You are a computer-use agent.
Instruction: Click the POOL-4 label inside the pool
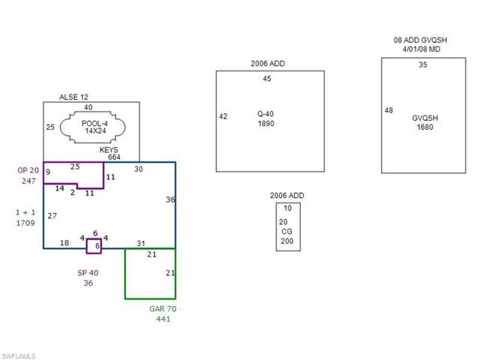pos(94,123)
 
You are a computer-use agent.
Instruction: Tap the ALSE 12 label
pos(73,97)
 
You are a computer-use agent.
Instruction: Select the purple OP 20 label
pos(28,170)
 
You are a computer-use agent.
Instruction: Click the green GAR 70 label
pos(163,308)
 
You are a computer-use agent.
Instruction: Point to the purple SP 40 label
pos(88,273)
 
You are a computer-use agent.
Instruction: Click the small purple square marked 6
pos(94,246)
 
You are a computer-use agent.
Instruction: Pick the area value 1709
pos(25,223)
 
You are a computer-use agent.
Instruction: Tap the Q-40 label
pos(265,114)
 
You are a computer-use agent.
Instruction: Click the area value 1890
pos(265,123)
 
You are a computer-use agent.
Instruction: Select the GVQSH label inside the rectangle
pos(425,118)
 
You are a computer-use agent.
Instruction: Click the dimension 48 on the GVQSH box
pos(388,110)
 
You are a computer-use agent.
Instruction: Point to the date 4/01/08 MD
pos(421,49)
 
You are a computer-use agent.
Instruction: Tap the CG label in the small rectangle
pos(286,232)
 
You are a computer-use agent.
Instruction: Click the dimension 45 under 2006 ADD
pos(267,78)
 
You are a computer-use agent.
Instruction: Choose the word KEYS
pos(109,150)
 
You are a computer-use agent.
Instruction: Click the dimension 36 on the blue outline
pos(170,199)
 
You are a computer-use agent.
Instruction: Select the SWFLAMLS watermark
pos(18,356)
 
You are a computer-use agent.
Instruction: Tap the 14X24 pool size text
pos(95,130)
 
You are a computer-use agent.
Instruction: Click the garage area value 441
pos(163,319)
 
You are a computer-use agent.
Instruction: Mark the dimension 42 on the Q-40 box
pos(223,116)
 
